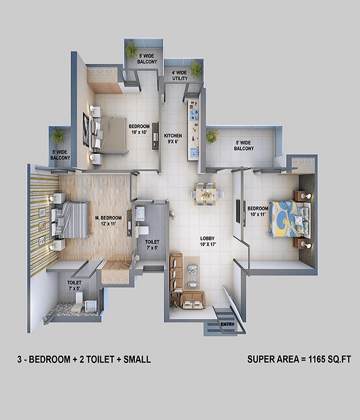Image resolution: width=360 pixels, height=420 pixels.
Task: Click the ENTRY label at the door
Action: (x=227, y=325)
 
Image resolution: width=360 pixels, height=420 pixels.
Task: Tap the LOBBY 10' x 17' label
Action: (x=208, y=241)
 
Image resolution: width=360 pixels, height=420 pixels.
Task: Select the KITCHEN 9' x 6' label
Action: (x=173, y=139)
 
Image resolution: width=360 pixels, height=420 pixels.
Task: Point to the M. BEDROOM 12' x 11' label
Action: (x=109, y=221)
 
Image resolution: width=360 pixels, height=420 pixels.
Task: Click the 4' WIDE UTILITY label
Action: (x=180, y=76)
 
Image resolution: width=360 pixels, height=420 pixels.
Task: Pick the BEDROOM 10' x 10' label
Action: (x=139, y=129)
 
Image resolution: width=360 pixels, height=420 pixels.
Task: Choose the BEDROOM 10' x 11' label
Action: (x=257, y=211)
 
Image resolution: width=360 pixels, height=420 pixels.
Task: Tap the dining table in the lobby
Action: (x=206, y=194)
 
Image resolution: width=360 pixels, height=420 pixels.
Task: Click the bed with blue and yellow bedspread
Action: (x=289, y=218)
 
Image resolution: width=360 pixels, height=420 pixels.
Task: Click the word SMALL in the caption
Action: (x=137, y=359)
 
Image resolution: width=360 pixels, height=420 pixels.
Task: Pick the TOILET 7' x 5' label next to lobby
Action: (x=152, y=245)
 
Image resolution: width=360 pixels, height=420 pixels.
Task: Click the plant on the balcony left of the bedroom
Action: (x=58, y=137)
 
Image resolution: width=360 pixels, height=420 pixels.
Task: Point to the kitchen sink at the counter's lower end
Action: (x=193, y=153)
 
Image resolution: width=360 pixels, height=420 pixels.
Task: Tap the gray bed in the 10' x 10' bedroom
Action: (x=110, y=135)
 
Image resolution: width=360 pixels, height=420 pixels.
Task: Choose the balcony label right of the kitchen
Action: (x=244, y=145)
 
